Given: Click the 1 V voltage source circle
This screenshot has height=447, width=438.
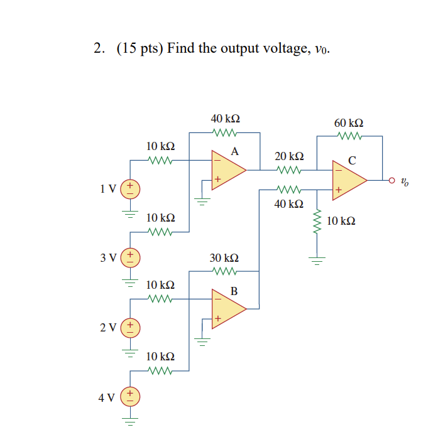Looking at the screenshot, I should click(x=131, y=187).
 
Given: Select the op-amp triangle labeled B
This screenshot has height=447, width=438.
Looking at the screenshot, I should click(x=227, y=308).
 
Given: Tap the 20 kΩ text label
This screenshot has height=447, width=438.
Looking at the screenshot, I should click(x=290, y=156).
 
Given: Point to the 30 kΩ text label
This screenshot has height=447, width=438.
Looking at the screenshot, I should click(x=224, y=258).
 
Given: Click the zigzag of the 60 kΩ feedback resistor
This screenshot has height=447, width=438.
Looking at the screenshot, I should click(x=349, y=136).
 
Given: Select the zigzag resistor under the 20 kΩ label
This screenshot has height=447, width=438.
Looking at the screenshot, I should click(x=290, y=170).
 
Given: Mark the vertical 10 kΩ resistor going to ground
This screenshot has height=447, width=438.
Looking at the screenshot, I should click(x=317, y=222).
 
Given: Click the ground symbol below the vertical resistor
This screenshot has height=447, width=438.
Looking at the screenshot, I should click(x=317, y=257).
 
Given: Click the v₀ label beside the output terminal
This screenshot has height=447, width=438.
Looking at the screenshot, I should click(x=405, y=182).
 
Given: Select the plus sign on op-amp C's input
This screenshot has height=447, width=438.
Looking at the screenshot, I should click(x=337, y=189).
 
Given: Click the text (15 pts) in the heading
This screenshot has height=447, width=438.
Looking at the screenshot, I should click(x=140, y=49).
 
